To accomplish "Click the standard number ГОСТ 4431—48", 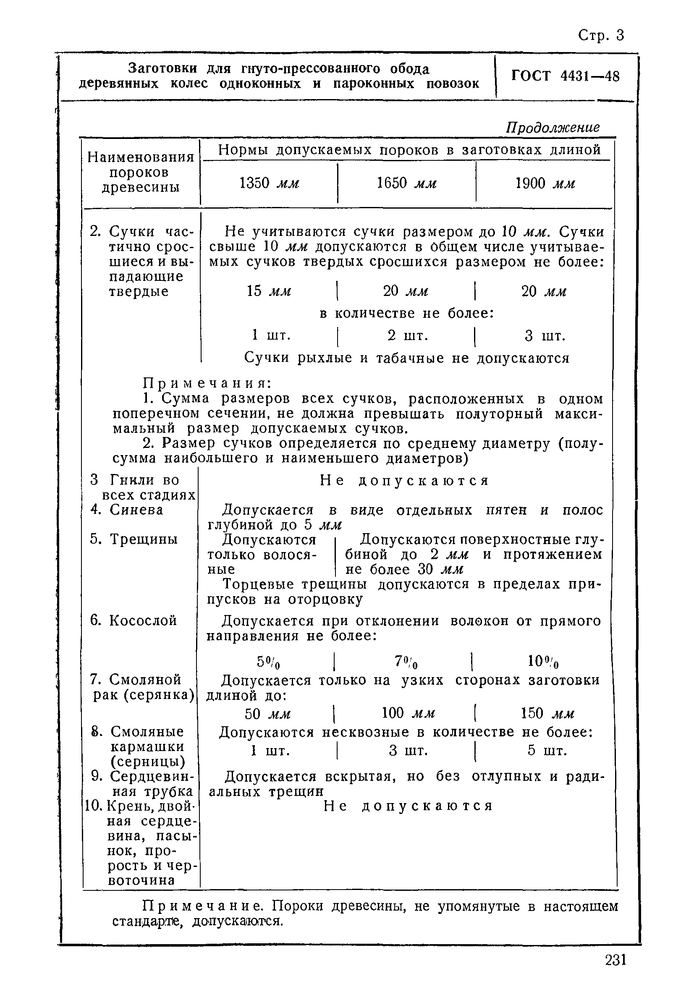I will point(565,76).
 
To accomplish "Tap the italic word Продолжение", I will point(553,128).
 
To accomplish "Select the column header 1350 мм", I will point(269,183).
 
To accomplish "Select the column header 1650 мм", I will point(406,183).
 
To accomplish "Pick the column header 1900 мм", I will point(545,183).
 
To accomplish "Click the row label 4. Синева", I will point(127,510).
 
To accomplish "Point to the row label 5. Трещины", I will point(134,539).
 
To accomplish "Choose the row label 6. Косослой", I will point(133,620).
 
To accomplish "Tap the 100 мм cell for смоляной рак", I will point(408,713).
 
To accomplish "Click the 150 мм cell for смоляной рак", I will point(547,713).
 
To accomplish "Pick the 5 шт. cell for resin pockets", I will point(547,751).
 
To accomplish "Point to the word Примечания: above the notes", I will point(207,383).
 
